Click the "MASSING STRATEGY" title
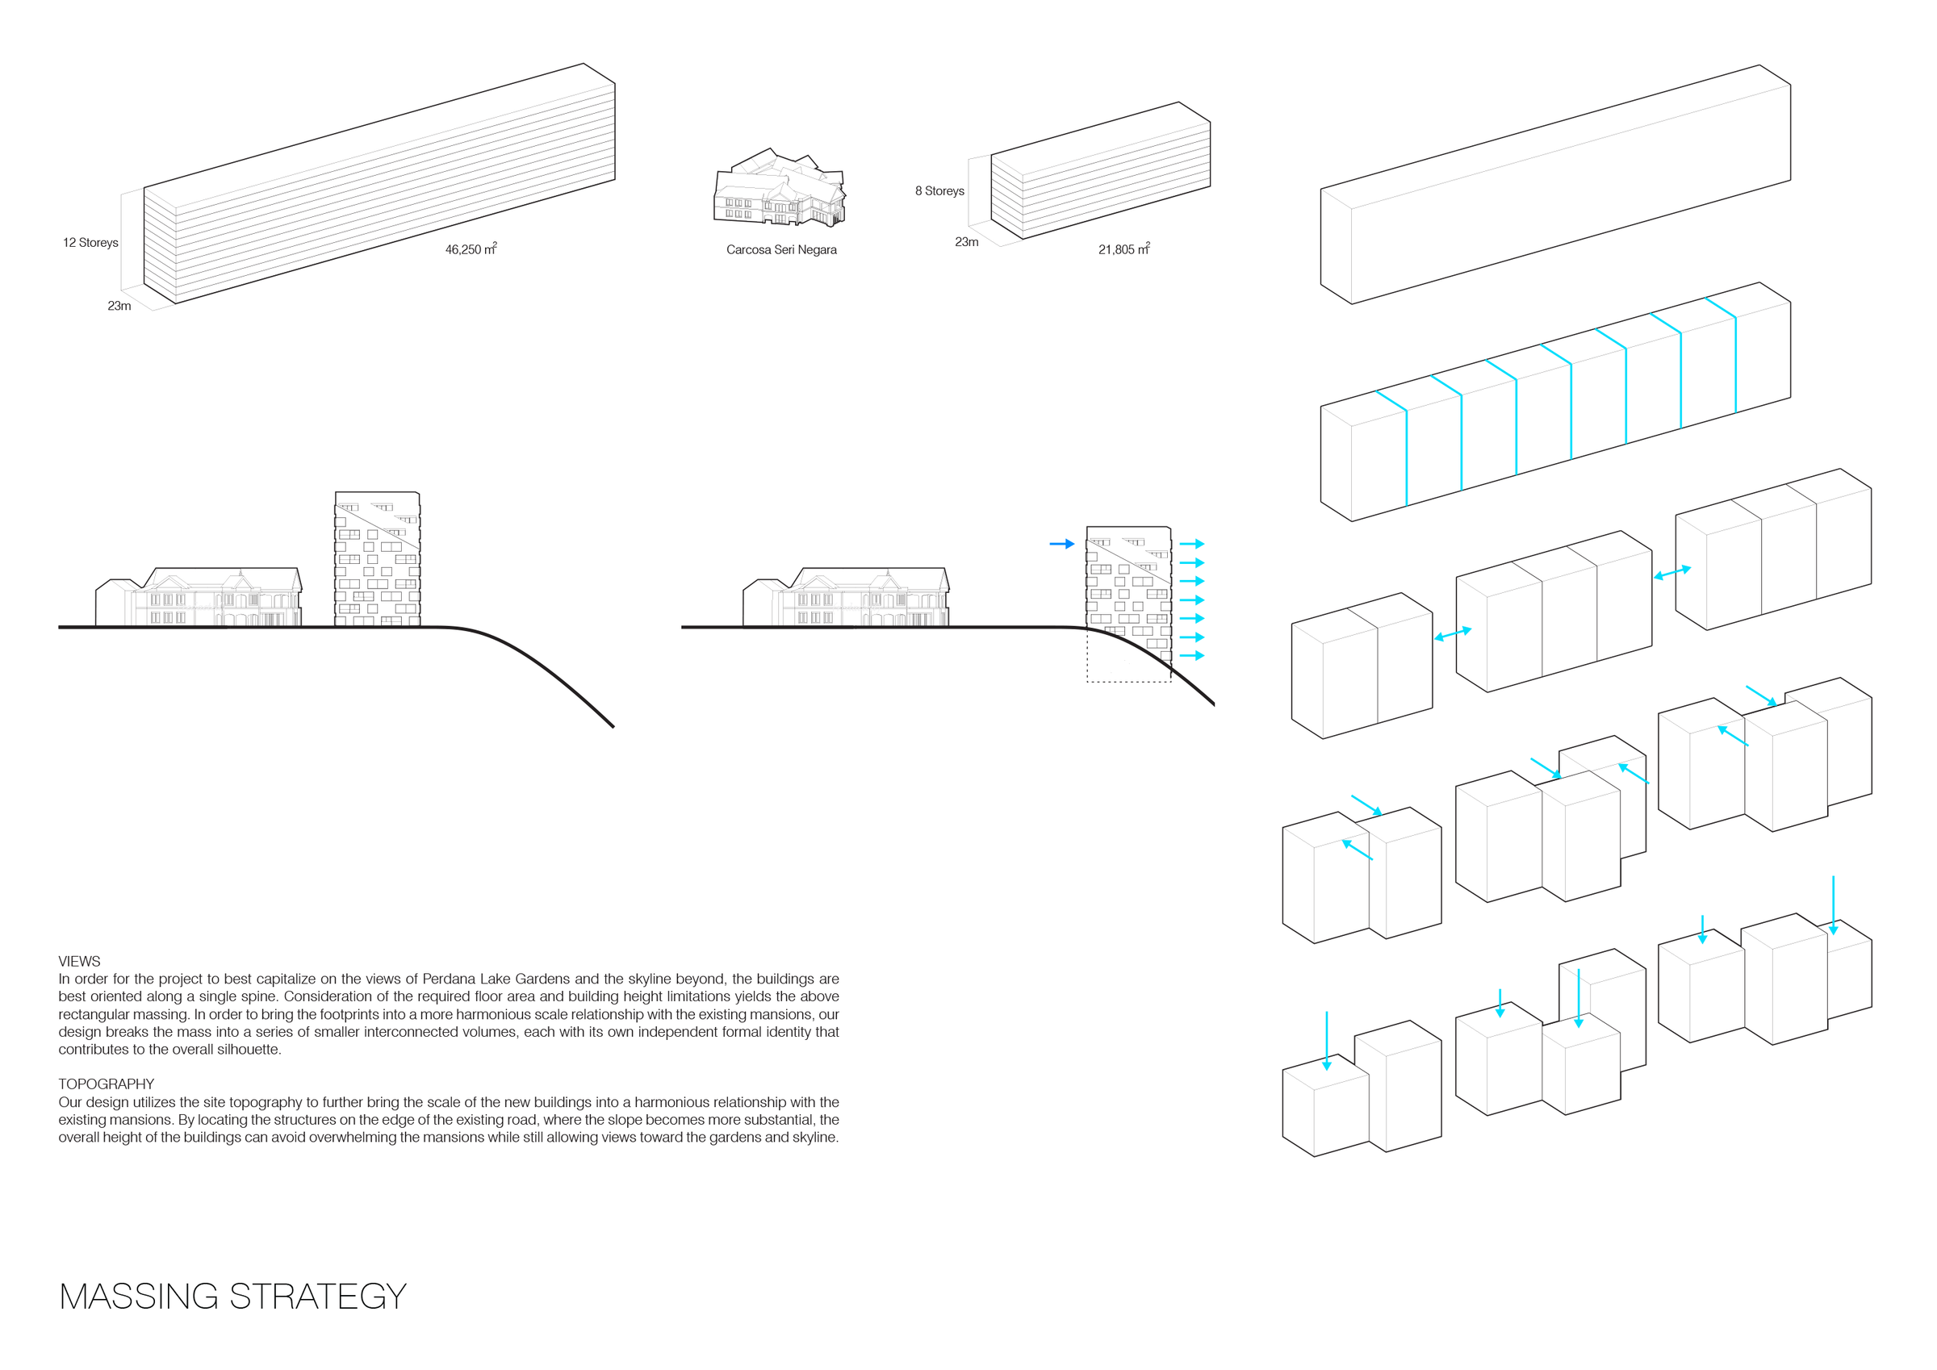[233, 1297]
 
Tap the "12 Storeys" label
[90, 243]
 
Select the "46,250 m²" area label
[471, 249]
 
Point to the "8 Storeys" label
[939, 191]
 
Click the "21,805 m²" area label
[1123, 249]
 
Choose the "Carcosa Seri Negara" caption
[781, 249]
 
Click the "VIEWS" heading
[79, 962]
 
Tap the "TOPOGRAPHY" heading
[107, 1084]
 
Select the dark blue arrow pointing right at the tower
[1062, 544]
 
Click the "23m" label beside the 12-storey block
[119, 307]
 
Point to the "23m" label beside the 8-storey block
[967, 242]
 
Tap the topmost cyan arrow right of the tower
[1191, 544]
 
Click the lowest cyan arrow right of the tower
[1191, 655]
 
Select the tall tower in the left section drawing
[377, 558]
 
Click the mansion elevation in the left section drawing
[199, 597]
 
